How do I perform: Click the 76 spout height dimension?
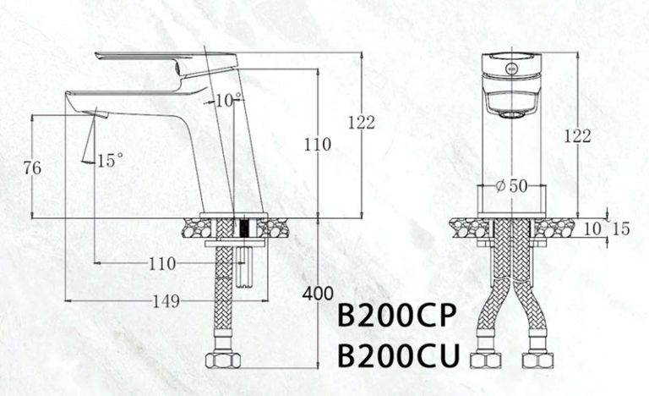pyautogui.click(x=33, y=168)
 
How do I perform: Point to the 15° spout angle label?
pyautogui.click(x=110, y=159)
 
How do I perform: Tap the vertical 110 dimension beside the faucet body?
pyautogui.click(x=318, y=144)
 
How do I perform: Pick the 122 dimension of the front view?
pyautogui.click(x=577, y=136)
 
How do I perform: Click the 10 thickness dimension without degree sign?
pyautogui.click(x=592, y=228)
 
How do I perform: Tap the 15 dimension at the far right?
pyautogui.click(x=621, y=228)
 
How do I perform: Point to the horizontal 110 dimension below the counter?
pyautogui.click(x=161, y=264)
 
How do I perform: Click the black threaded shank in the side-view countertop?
pyautogui.click(x=246, y=228)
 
